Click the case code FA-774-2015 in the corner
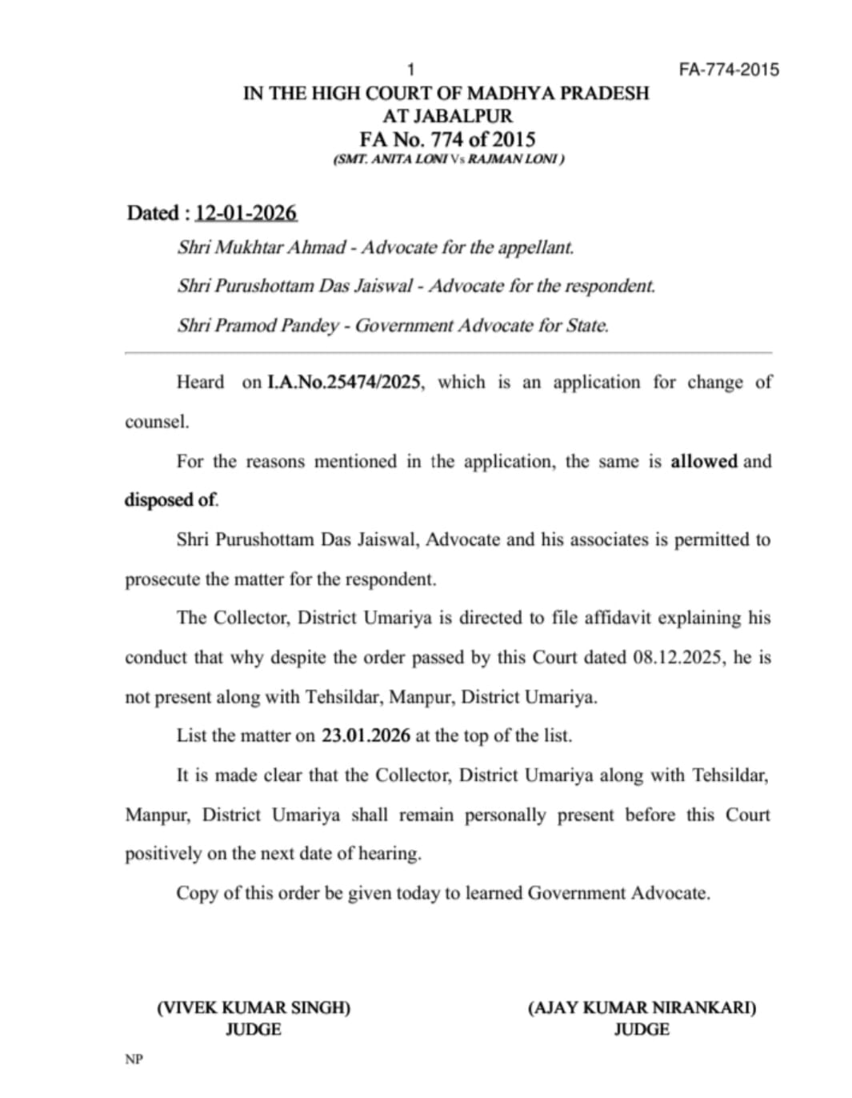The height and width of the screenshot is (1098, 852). coord(728,70)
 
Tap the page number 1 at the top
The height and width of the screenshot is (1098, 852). coord(411,70)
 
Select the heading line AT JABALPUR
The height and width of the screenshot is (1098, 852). coord(447,116)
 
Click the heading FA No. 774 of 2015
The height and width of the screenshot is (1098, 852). coord(447,139)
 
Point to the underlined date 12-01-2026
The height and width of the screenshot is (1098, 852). coord(246,214)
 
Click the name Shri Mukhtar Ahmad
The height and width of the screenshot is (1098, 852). coord(262,247)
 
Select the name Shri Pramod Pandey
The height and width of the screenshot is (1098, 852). coord(258,326)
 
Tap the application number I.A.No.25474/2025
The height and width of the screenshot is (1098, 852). coord(344,383)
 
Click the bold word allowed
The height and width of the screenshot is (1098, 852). coord(704,461)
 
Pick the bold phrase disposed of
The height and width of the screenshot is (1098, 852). coord(171,500)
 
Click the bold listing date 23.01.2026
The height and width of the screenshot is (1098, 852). coord(366,735)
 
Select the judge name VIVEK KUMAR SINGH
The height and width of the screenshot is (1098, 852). coord(254,1008)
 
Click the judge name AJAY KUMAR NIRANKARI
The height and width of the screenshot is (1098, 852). coord(642,1008)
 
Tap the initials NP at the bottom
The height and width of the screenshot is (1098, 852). coord(134,1060)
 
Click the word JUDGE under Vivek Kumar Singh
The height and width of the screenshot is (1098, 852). coord(253,1030)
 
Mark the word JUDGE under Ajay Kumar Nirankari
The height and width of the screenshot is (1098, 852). coord(642,1030)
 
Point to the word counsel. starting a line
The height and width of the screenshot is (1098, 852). coord(157,422)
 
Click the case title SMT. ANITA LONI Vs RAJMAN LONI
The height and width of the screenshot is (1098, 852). coord(448,159)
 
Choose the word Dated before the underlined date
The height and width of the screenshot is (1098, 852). coord(153,214)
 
